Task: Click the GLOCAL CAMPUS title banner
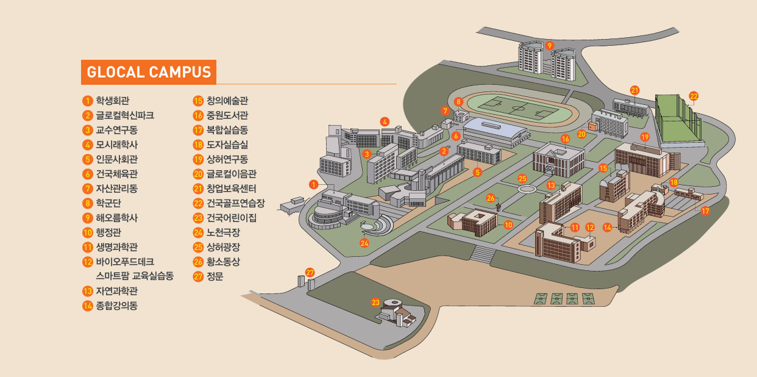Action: pyautogui.click(x=149, y=72)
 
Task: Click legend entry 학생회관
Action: pyautogui.click(x=112, y=101)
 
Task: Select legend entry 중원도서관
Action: pyautogui.click(x=227, y=115)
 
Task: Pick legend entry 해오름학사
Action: pyautogui.click(x=116, y=217)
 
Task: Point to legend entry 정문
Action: pyautogui.click(x=215, y=276)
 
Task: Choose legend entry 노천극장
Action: pyautogui.click(x=223, y=232)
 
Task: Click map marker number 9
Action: pyautogui.click(x=549, y=45)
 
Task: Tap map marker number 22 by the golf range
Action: pyautogui.click(x=694, y=96)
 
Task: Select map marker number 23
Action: pyautogui.click(x=375, y=302)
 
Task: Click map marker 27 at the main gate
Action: pyautogui.click(x=310, y=272)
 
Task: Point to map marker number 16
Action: pyautogui.click(x=565, y=139)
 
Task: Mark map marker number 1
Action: pyautogui.click(x=313, y=184)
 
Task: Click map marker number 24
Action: pyautogui.click(x=364, y=243)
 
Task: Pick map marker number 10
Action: pyautogui.click(x=508, y=224)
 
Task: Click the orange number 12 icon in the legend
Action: pyautogui.click(x=87, y=261)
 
